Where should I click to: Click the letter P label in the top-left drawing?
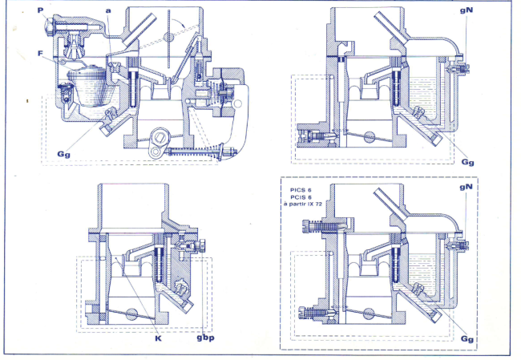click(40, 12)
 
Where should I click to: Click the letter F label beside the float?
click(40, 55)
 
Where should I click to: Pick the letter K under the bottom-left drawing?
click(156, 338)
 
